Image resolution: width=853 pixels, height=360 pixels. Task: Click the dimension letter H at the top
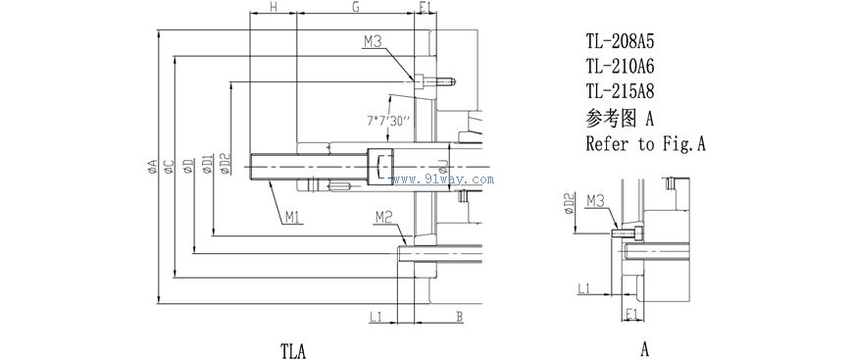click(x=274, y=7)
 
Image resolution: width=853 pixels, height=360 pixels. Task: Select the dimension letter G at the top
click(x=356, y=7)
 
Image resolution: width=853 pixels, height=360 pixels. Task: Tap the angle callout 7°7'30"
click(x=388, y=122)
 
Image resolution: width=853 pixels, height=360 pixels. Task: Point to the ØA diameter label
click(x=152, y=167)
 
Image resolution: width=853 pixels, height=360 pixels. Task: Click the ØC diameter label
click(x=169, y=167)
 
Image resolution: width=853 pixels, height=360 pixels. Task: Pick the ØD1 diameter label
click(x=207, y=164)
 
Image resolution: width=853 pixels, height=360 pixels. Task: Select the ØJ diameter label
click(x=443, y=167)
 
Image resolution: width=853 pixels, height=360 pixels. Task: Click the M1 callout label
click(x=294, y=218)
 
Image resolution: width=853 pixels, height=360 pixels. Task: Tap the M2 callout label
click(x=383, y=218)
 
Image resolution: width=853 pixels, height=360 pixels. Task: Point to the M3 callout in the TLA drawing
click(x=374, y=41)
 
